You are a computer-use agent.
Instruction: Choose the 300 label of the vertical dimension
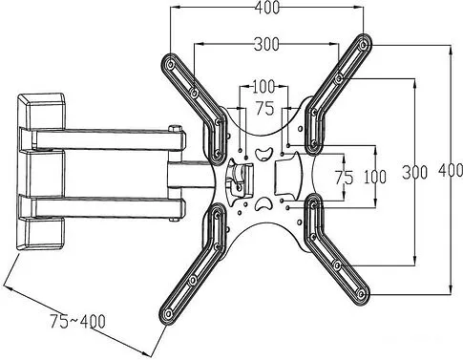tap(414, 172)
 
